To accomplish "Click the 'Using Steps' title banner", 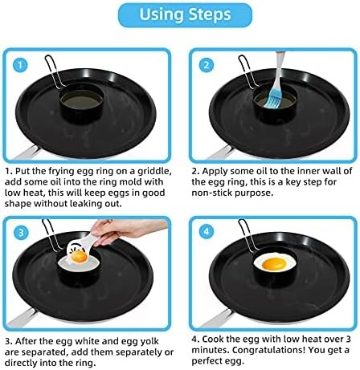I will pos(179,15).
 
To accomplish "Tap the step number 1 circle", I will pos(21,64).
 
